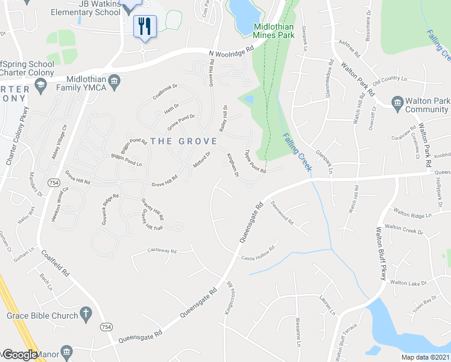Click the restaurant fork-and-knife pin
[145, 26]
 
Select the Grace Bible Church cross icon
[86, 314]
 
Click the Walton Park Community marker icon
[397, 103]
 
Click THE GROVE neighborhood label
[183, 141]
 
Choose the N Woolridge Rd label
[232, 52]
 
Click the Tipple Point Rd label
[255, 162]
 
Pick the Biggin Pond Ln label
[127, 160]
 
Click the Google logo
[20, 355]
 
